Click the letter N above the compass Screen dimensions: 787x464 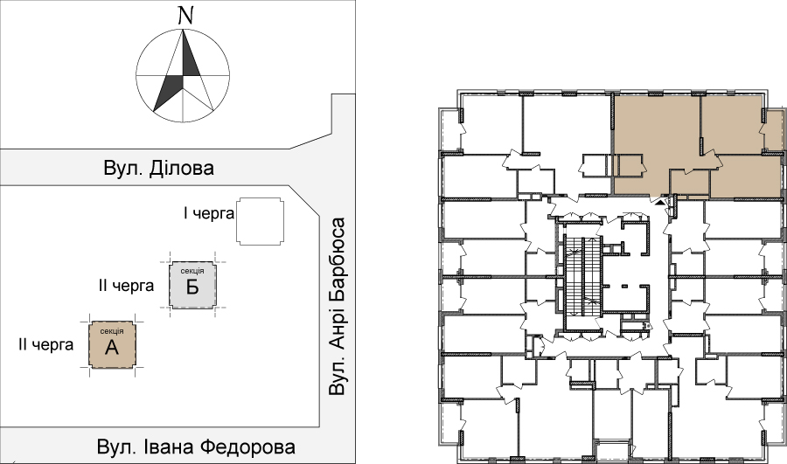185,16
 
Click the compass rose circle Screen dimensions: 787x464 136,75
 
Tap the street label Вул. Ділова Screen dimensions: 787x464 158,168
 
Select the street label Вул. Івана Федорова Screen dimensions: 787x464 196,447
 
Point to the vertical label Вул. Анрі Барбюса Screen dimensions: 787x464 338,306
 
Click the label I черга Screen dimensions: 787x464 209,214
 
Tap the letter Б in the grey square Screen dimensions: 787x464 192,287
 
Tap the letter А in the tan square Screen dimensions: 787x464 111,347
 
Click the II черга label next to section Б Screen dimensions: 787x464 127,286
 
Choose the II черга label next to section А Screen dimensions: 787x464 45,344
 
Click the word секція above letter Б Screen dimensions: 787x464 192,271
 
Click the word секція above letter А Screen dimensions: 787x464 111,331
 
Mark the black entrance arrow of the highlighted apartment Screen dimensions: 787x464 658,202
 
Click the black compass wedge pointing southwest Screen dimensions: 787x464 170,90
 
